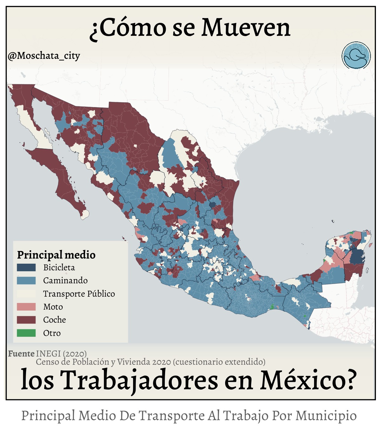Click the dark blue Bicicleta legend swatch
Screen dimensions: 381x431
26,267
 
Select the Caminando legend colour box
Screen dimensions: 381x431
26,280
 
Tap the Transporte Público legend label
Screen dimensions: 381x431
79,294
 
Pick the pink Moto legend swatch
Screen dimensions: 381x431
26,307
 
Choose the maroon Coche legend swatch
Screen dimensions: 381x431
26,320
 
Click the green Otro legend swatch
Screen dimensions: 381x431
26,333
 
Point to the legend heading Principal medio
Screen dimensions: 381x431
56,255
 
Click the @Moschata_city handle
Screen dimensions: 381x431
44,56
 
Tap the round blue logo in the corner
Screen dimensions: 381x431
356,55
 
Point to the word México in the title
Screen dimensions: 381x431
307,380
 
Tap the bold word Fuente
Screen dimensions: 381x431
21,354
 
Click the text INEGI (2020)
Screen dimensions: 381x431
61,354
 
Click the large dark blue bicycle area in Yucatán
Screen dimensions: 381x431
357,256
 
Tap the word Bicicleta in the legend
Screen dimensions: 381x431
59,267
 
